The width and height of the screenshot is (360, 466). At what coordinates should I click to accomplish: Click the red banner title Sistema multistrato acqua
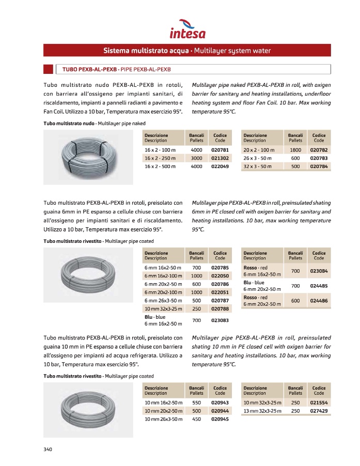pyautogui.click(x=187, y=51)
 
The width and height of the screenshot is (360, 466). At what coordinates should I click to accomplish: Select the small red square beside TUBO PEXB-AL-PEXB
pyautogui.click(x=48, y=69)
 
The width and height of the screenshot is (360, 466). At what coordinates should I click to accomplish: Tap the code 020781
pyautogui.click(x=220, y=150)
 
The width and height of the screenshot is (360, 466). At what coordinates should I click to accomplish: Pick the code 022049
pyautogui.click(x=220, y=166)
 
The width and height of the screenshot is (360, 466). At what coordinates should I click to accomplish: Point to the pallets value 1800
pyautogui.click(x=295, y=150)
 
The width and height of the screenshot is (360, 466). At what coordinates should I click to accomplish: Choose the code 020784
pyautogui.click(x=319, y=166)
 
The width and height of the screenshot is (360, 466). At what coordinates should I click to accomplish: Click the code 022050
pyautogui.click(x=220, y=276)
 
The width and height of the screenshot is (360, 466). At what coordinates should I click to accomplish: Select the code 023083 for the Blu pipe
pyautogui.click(x=220, y=320)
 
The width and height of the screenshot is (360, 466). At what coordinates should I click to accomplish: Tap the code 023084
pyautogui.click(x=319, y=271)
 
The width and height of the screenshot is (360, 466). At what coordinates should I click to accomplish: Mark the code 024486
pyautogui.click(x=319, y=301)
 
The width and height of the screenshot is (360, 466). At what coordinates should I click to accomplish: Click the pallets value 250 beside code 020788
pyautogui.click(x=197, y=309)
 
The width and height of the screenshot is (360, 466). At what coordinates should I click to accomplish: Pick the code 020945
pyautogui.click(x=220, y=419)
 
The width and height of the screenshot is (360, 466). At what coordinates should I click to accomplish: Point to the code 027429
pyautogui.click(x=319, y=411)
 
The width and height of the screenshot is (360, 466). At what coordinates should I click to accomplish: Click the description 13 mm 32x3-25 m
pyautogui.click(x=262, y=411)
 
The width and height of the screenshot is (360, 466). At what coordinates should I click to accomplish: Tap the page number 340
pyautogui.click(x=48, y=449)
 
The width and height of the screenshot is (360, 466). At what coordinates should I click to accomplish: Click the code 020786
pyautogui.click(x=220, y=284)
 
